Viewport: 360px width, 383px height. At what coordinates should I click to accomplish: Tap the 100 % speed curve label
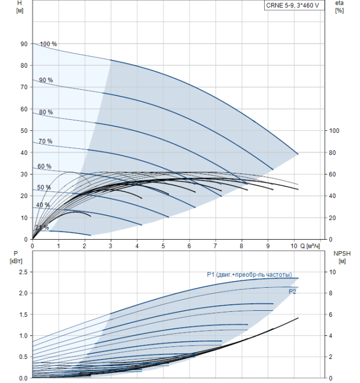[x=48, y=44]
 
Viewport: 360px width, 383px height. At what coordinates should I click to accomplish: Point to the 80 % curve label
[x=45, y=112]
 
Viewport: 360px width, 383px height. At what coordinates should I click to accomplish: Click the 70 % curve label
[x=45, y=141]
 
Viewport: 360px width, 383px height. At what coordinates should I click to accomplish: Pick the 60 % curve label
[x=44, y=166]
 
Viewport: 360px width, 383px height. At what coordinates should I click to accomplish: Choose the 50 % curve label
[x=44, y=188]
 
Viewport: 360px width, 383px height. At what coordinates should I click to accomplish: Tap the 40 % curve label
[x=43, y=205]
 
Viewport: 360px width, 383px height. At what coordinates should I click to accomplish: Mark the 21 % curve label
[x=42, y=228]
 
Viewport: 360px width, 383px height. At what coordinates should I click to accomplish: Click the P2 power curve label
[x=293, y=292]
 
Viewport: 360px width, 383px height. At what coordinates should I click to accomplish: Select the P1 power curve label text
[x=249, y=275]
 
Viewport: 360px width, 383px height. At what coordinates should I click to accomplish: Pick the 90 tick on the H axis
[x=24, y=44]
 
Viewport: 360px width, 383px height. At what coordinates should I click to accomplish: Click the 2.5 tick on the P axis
[x=22, y=272]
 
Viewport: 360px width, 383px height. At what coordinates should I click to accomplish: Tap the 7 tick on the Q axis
[x=216, y=246]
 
